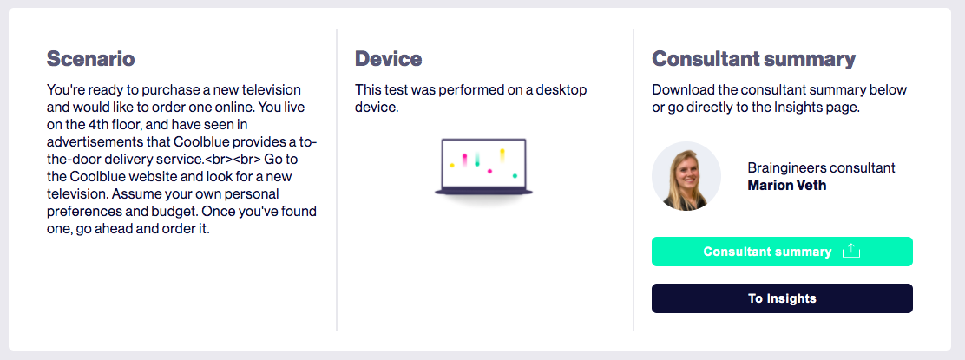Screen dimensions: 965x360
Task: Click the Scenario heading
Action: click(x=91, y=59)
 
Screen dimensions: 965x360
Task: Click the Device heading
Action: click(x=388, y=59)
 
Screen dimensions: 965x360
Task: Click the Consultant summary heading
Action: click(x=753, y=59)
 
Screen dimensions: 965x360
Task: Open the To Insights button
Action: click(x=782, y=298)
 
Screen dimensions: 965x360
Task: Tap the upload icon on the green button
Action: click(x=850, y=251)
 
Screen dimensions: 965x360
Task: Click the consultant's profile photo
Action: click(x=686, y=176)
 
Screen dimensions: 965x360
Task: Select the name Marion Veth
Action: click(x=786, y=186)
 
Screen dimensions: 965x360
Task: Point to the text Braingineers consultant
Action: click(x=821, y=168)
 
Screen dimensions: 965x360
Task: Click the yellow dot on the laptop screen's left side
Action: click(x=452, y=165)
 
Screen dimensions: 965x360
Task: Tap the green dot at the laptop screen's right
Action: click(x=515, y=176)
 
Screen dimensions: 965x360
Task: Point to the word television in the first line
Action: click(x=271, y=90)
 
